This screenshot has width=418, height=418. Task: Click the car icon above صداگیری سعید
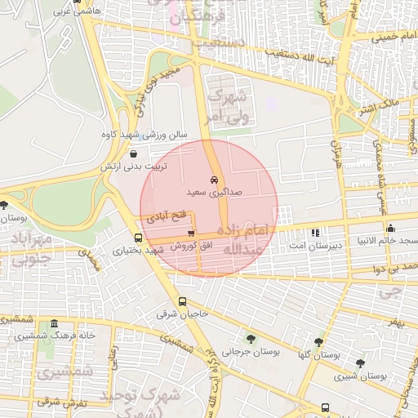coord(213,179)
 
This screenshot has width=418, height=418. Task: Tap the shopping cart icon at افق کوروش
coord(191,233)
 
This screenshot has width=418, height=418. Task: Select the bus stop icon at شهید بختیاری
coord(137,238)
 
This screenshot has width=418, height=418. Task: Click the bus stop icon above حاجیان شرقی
coord(182,301)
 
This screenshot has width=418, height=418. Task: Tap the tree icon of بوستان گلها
coord(318,343)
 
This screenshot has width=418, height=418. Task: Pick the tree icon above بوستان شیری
coord(360,363)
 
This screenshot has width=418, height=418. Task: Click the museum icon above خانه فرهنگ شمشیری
coord(54,323)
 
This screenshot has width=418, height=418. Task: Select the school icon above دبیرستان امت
coord(315,233)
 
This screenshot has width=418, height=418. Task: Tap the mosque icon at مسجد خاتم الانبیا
coord(390,229)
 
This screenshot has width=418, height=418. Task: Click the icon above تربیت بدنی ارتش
coord(133,153)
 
